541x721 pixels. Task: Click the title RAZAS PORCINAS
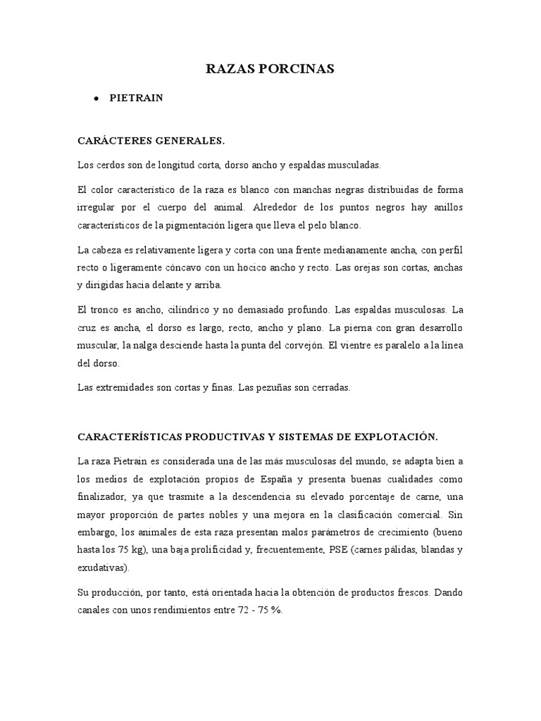pos(270,68)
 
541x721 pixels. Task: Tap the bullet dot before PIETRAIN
pos(94,99)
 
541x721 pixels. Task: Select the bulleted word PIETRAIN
pos(136,99)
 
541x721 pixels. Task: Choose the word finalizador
pos(101,496)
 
